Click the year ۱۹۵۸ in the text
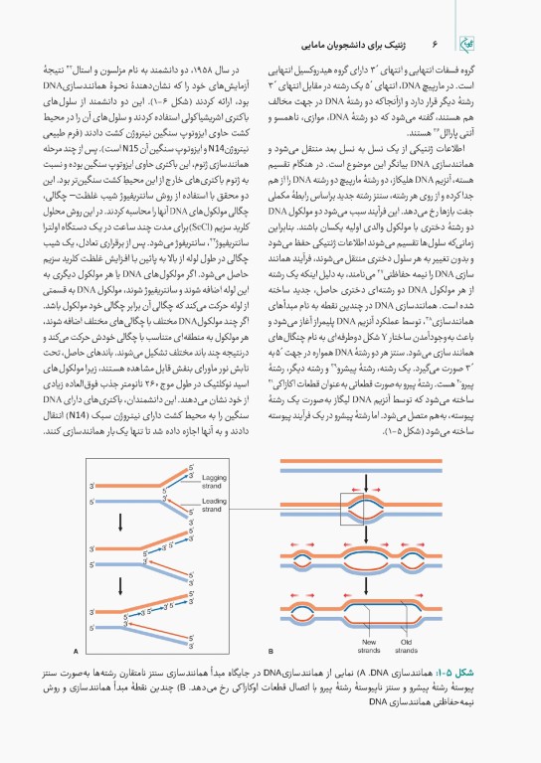(223, 72)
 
